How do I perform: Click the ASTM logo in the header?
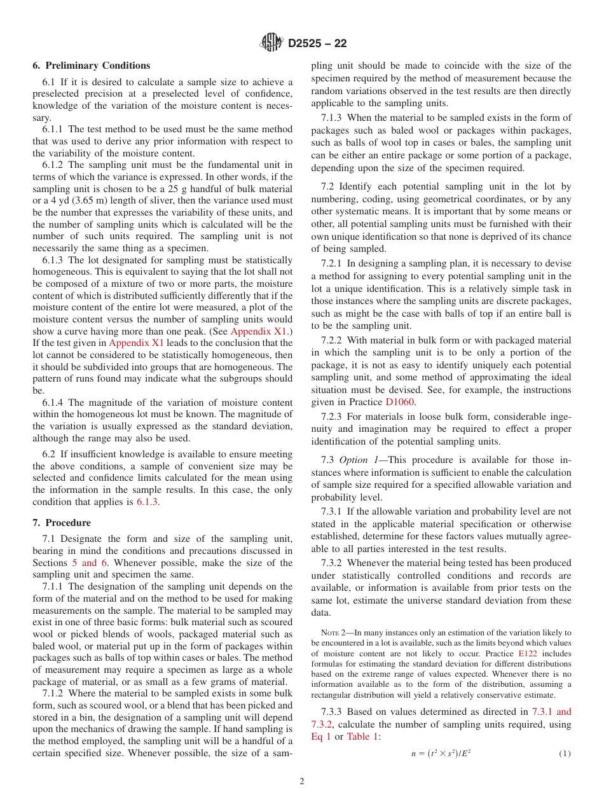tap(271, 43)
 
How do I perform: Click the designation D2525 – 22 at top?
tap(317, 44)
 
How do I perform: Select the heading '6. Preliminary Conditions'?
tap(92, 66)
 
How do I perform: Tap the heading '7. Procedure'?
tap(62, 523)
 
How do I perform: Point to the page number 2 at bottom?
tap(302, 782)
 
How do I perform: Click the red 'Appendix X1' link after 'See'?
tap(259, 331)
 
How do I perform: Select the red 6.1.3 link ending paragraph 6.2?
tap(148, 502)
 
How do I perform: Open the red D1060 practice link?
tap(399, 402)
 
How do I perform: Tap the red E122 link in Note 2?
tap(528, 653)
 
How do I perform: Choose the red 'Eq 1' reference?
tap(321, 736)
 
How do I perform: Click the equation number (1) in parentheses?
tap(565, 754)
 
